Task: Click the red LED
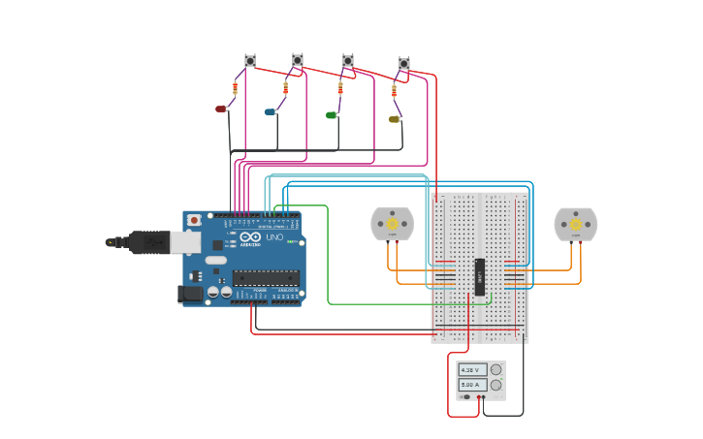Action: click(x=220, y=110)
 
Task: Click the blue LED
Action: click(x=270, y=112)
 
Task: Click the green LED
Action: click(x=331, y=115)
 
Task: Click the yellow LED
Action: click(x=394, y=120)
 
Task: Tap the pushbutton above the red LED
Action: click(x=250, y=61)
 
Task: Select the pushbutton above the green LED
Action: click(x=348, y=61)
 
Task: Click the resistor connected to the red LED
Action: click(x=235, y=88)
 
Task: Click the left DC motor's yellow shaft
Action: click(x=393, y=224)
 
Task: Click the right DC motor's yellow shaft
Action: click(x=576, y=224)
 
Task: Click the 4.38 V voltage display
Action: click(x=471, y=370)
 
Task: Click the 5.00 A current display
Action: click(x=471, y=385)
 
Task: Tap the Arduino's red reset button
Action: click(x=194, y=220)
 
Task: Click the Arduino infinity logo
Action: click(x=250, y=236)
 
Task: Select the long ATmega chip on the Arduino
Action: click(x=265, y=278)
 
